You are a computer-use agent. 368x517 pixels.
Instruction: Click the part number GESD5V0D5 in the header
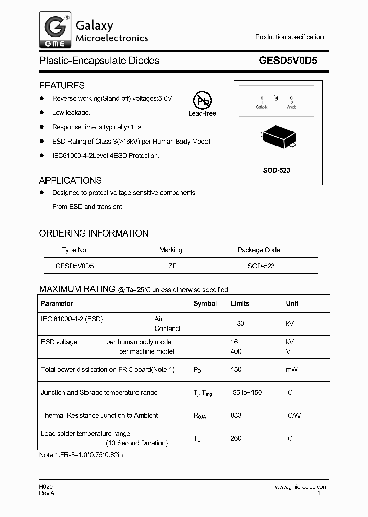click(288, 61)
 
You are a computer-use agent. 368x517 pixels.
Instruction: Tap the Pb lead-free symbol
click(202, 101)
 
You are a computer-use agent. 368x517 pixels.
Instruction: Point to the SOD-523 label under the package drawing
click(277, 170)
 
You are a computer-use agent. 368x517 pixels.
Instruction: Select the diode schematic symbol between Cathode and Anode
click(277, 97)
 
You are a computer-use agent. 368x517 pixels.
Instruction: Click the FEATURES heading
click(62, 85)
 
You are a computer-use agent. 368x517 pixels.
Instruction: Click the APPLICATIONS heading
click(70, 180)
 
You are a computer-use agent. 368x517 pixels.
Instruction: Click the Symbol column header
click(205, 303)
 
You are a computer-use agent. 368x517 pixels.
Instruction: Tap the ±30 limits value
click(237, 324)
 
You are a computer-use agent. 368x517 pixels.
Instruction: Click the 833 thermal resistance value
click(236, 416)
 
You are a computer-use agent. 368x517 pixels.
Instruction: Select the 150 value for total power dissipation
click(236, 369)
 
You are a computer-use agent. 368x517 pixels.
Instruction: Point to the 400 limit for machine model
click(236, 351)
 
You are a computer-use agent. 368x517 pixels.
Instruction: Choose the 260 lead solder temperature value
click(236, 438)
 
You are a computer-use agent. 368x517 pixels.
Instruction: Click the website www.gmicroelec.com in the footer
click(301, 487)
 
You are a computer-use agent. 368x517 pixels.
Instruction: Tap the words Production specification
click(289, 37)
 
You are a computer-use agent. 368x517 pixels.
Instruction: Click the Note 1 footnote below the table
click(81, 454)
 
